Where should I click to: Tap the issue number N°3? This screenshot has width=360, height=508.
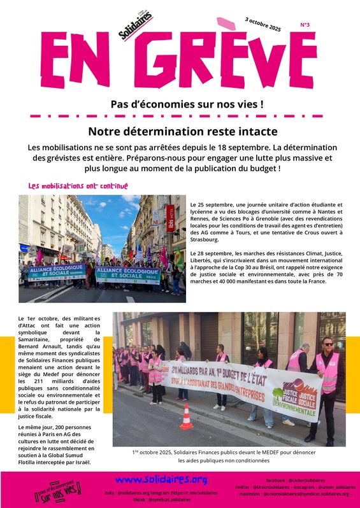(305, 25)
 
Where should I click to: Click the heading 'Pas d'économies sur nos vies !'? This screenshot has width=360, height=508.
(178, 103)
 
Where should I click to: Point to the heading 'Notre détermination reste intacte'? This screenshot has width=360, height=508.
(183, 132)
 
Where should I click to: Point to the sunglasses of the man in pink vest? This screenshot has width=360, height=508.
(328, 344)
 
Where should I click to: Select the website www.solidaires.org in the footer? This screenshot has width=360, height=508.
(161, 479)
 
